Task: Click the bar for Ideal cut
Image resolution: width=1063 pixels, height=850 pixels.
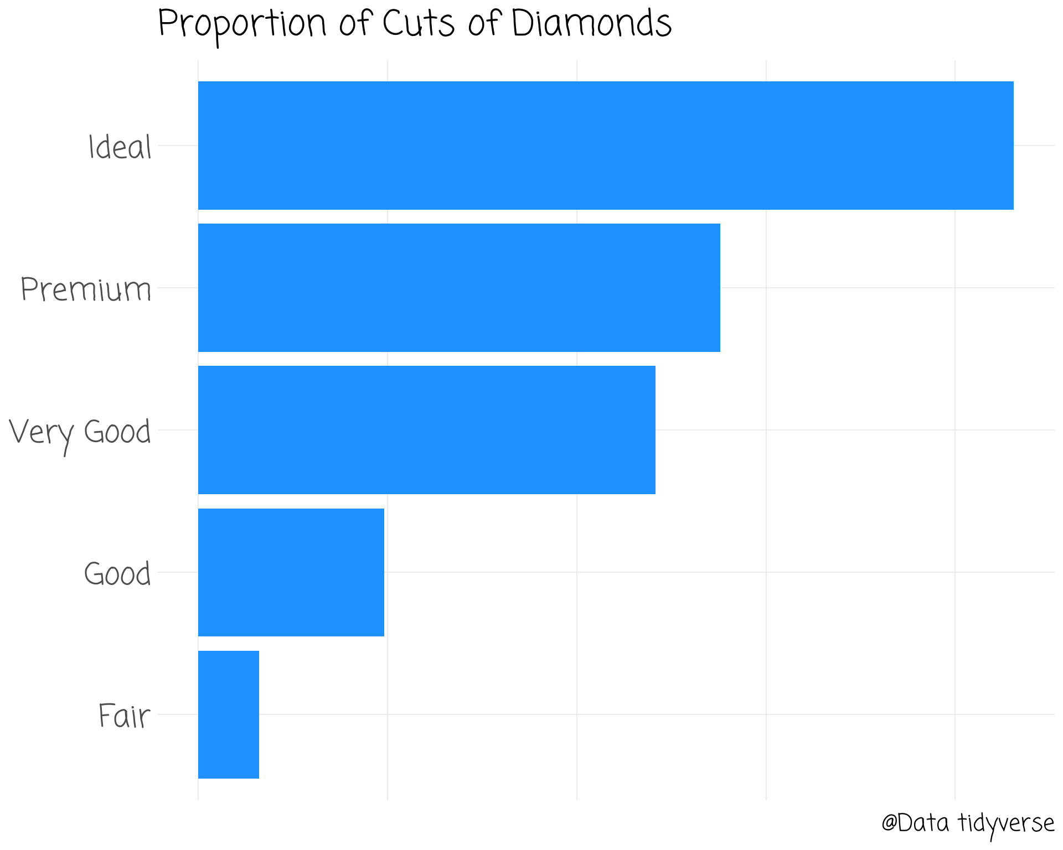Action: click(x=606, y=146)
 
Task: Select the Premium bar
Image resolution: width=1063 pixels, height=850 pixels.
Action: click(x=459, y=288)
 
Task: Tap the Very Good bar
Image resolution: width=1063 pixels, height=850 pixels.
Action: click(x=426, y=430)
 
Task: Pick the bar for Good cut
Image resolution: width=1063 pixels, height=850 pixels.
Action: click(x=291, y=572)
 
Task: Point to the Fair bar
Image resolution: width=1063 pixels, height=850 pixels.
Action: click(x=228, y=714)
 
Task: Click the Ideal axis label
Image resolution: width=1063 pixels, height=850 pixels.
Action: click(x=120, y=147)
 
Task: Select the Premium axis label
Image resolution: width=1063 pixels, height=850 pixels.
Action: click(x=86, y=289)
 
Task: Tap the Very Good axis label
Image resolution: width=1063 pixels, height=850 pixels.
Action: click(x=80, y=433)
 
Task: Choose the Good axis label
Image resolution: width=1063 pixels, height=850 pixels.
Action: click(x=117, y=574)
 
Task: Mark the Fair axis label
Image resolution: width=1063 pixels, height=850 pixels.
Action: click(x=124, y=716)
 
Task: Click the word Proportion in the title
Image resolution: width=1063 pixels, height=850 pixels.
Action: click(x=242, y=25)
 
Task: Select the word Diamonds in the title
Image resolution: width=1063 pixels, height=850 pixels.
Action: click(x=591, y=24)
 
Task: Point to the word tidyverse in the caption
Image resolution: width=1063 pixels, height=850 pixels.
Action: click(x=1006, y=824)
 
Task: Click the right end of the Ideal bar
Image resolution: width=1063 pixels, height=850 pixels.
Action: click(x=1012, y=146)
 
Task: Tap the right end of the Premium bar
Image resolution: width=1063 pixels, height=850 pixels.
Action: click(x=718, y=288)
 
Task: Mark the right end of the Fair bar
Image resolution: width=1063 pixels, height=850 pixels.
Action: click(x=257, y=714)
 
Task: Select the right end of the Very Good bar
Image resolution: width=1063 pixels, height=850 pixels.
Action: click(x=653, y=430)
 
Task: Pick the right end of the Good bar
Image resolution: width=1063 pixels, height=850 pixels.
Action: click(x=382, y=572)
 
